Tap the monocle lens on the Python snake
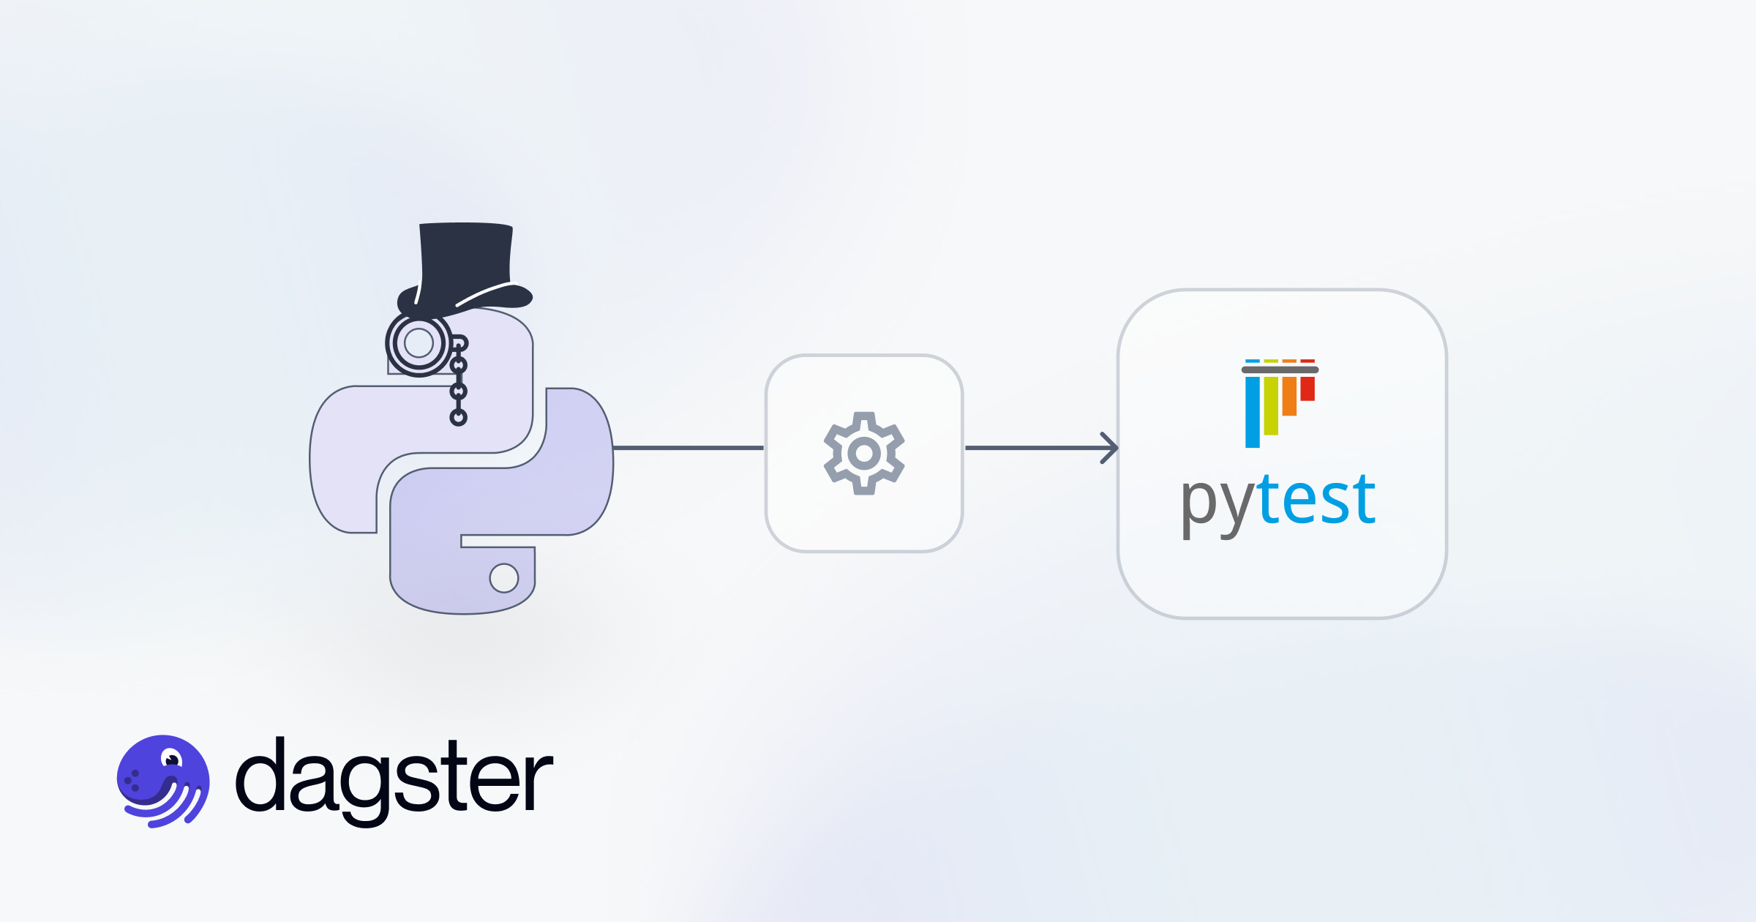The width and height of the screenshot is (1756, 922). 419,342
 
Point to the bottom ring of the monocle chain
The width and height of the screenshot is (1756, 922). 458,418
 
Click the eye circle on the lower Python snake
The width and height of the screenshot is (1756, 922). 503,578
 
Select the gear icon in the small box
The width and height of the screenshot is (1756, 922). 864,454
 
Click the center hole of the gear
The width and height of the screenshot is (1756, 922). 864,454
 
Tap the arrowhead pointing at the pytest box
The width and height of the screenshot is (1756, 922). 1110,448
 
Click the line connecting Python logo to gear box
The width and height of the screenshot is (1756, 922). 688,448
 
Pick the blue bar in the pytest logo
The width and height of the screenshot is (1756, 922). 1253,411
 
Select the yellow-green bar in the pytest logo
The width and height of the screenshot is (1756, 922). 1271,405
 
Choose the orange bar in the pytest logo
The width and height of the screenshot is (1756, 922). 1289,396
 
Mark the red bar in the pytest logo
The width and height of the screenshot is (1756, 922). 1307,389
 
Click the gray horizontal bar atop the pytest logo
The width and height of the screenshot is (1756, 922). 1280,370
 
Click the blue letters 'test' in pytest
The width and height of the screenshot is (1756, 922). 1317,501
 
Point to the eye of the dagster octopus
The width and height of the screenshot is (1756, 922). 172,760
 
